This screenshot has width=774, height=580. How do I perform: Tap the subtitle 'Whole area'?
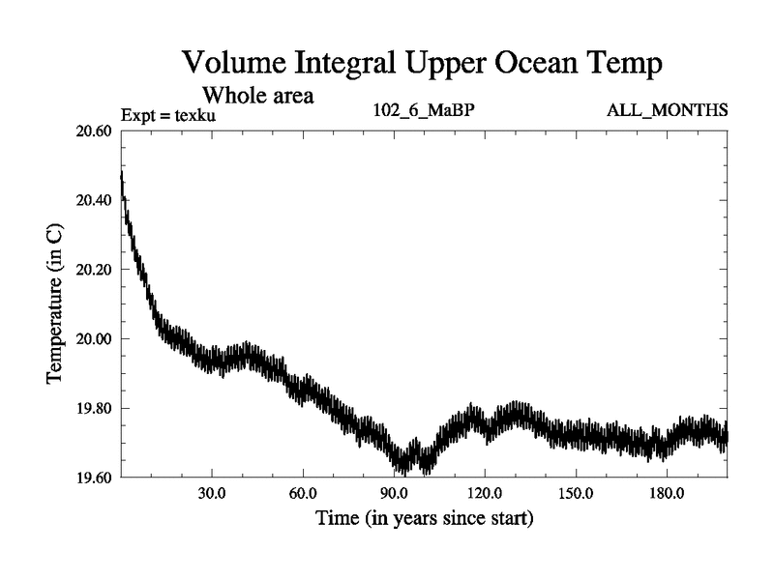coord(258,97)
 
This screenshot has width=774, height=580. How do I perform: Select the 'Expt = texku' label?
coord(169,115)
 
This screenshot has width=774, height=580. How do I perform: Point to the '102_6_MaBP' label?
coord(423,110)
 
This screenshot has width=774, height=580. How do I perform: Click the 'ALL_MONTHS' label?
coord(667,110)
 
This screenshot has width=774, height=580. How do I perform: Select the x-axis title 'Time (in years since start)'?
coord(424,518)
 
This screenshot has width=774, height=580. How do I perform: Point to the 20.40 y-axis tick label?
coord(94,200)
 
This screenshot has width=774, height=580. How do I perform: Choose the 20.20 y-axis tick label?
coord(94,270)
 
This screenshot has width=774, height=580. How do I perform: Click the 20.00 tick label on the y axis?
coord(94,339)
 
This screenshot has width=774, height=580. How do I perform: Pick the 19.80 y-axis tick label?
coord(94,408)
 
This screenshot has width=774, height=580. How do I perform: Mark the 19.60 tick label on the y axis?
coord(94,478)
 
